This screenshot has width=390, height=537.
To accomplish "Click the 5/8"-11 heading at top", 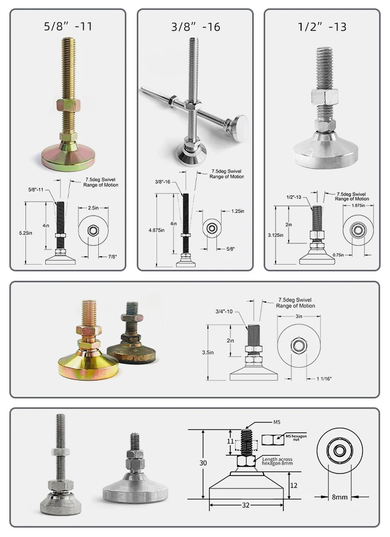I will pos(68,27).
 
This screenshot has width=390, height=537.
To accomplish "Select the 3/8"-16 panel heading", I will pos(195,27).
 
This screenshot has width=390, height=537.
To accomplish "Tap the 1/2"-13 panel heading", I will pos(322,27).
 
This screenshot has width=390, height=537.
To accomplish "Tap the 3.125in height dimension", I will pos(276,235).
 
